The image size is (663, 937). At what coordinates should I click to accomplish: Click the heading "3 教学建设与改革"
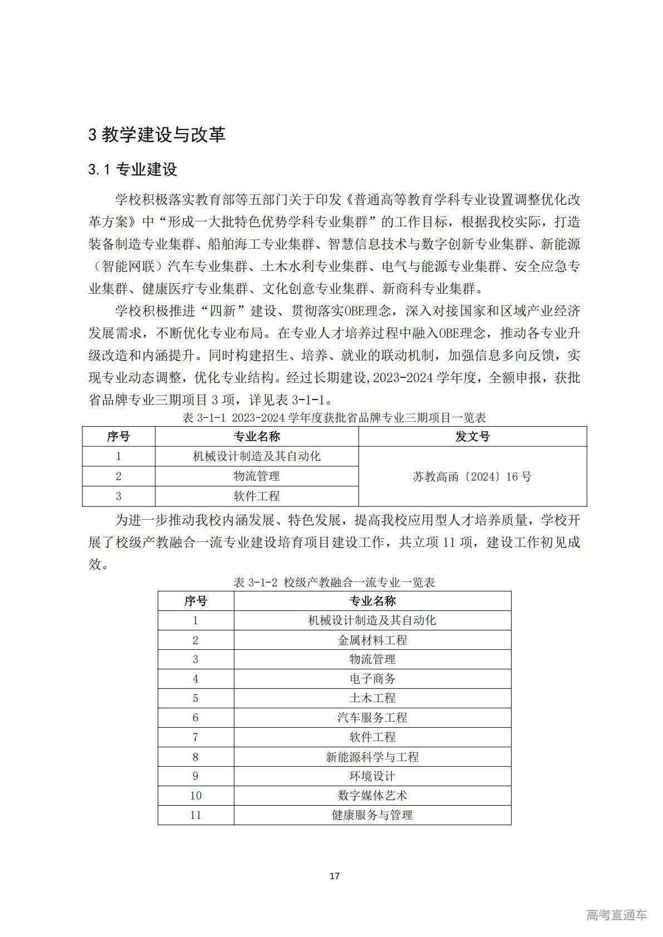click(156, 135)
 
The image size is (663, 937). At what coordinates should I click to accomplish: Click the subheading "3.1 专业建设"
click(132, 170)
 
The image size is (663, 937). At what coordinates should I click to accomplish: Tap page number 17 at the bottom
click(334, 876)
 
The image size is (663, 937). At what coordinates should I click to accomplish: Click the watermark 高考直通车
click(616, 915)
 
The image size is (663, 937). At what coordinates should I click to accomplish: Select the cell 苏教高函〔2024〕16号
click(472, 476)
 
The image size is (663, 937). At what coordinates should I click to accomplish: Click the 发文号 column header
click(472, 437)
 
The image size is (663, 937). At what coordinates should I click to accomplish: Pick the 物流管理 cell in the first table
click(257, 476)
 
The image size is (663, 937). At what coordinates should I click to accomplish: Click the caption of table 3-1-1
click(334, 417)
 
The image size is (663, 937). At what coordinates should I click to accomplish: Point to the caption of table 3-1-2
click(334, 582)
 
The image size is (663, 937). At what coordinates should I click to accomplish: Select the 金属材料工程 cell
click(372, 640)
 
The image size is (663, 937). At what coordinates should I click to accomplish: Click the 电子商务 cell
click(372, 679)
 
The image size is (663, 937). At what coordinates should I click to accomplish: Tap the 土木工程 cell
click(372, 698)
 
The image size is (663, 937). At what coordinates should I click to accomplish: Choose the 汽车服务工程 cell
click(372, 718)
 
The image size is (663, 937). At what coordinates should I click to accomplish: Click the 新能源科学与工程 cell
click(372, 757)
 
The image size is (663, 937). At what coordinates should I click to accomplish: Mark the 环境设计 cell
click(372, 776)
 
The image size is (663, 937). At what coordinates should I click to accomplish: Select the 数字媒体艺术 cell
click(372, 796)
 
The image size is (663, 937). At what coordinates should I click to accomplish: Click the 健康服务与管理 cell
click(372, 815)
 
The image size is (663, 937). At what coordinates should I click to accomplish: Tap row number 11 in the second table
click(195, 815)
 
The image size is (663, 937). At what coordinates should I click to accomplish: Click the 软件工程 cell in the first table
click(257, 496)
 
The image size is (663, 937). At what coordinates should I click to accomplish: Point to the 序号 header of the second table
click(195, 601)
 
